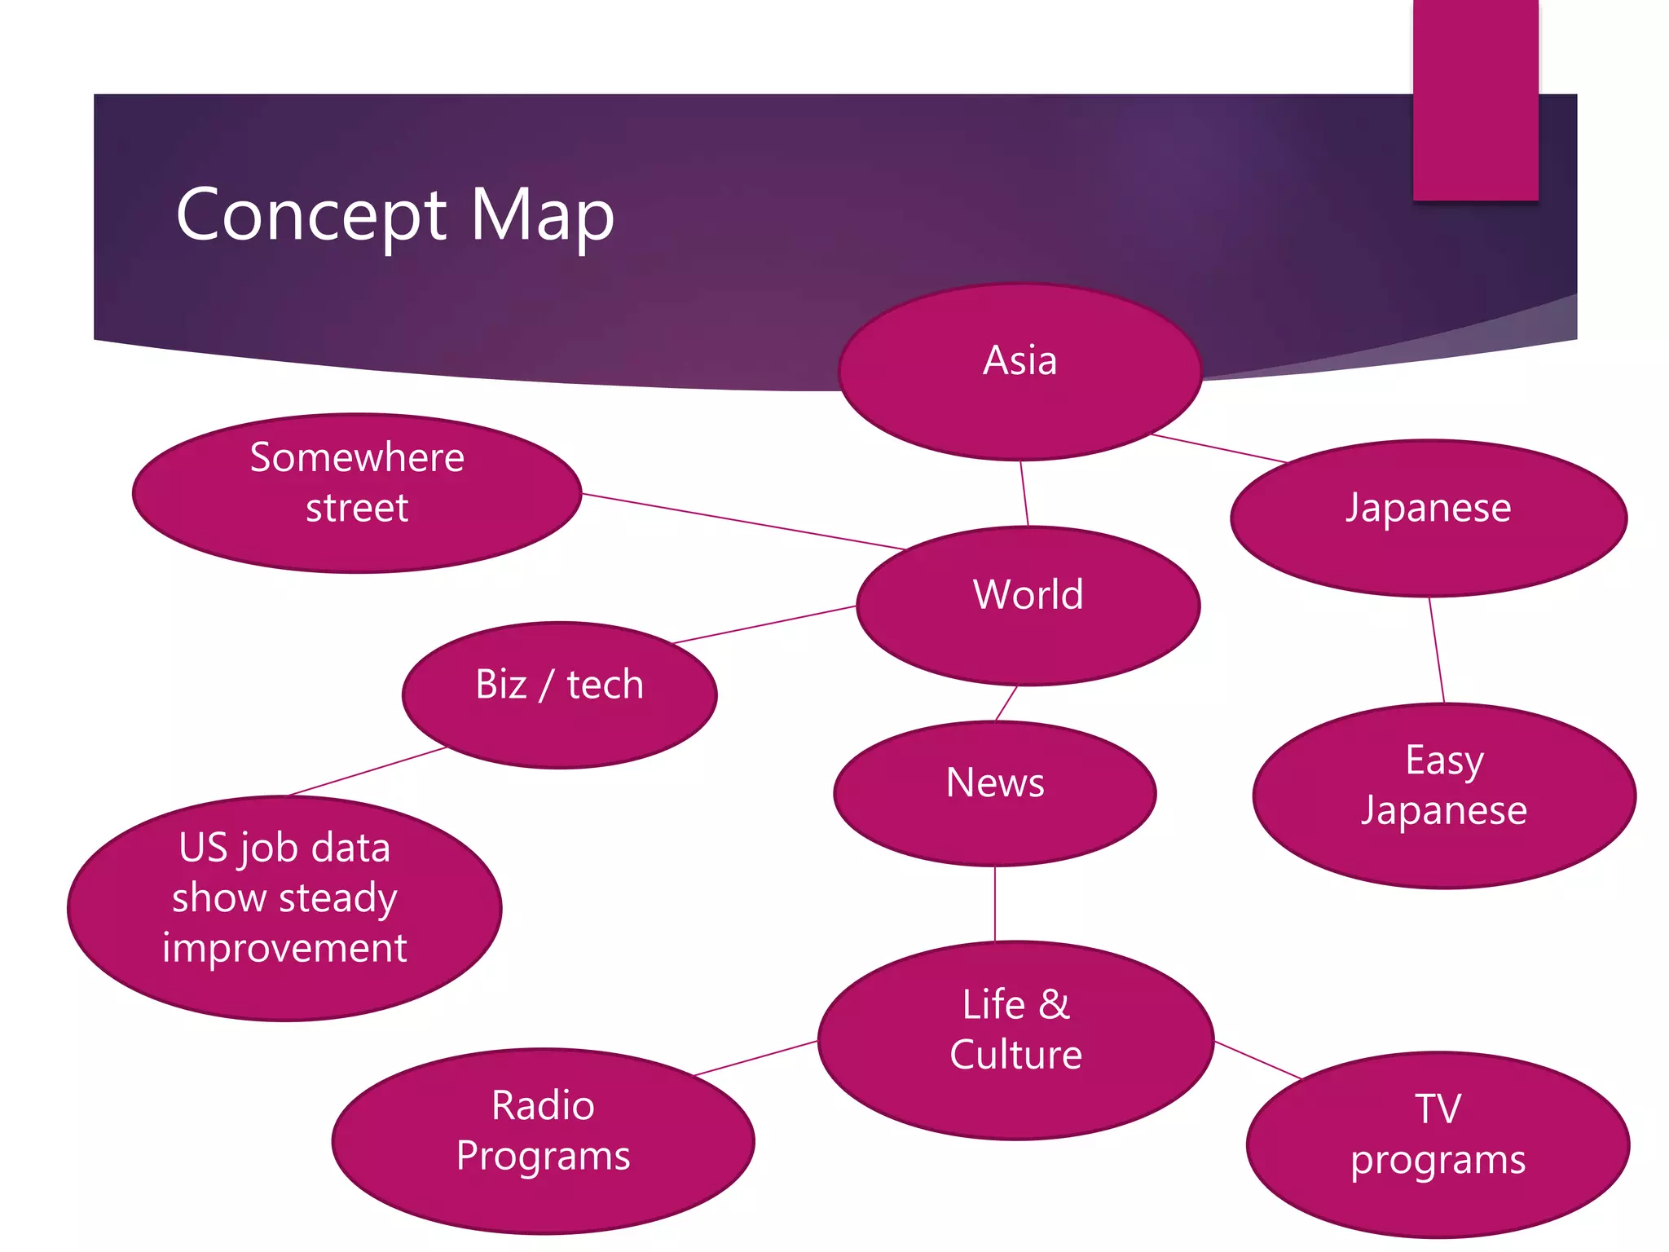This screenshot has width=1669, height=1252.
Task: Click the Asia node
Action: click(1019, 372)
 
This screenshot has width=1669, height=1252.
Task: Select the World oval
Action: click(1028, 606)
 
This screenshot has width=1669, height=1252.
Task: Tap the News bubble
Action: click(995, 793)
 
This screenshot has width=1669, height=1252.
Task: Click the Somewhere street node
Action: click(357, 492)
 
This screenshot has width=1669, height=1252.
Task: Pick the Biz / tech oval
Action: click(560, 694)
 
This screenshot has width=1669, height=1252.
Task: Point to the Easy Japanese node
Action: click(1444, 796)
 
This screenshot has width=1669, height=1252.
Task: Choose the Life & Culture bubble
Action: click(1015, 1039)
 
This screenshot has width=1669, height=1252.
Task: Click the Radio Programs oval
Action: click(543, 1140)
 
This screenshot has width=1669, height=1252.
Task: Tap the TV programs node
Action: click(1438, 1144)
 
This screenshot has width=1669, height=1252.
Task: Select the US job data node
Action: click(284, 907)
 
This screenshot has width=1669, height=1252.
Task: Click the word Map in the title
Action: click(542, 214)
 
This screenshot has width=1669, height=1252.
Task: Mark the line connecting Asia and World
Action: click(1024, 493)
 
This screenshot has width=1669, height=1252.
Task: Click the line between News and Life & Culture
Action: click(995, 903)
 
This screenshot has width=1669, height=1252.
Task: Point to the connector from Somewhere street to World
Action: click(742, 521)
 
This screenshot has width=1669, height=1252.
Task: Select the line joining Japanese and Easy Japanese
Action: click(1437, 650)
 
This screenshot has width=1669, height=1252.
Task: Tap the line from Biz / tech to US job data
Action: click(368, 771)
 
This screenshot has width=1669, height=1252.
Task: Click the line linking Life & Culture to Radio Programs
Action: click(755, 1058)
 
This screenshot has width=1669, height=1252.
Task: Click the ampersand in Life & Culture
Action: click(1054, 1004)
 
